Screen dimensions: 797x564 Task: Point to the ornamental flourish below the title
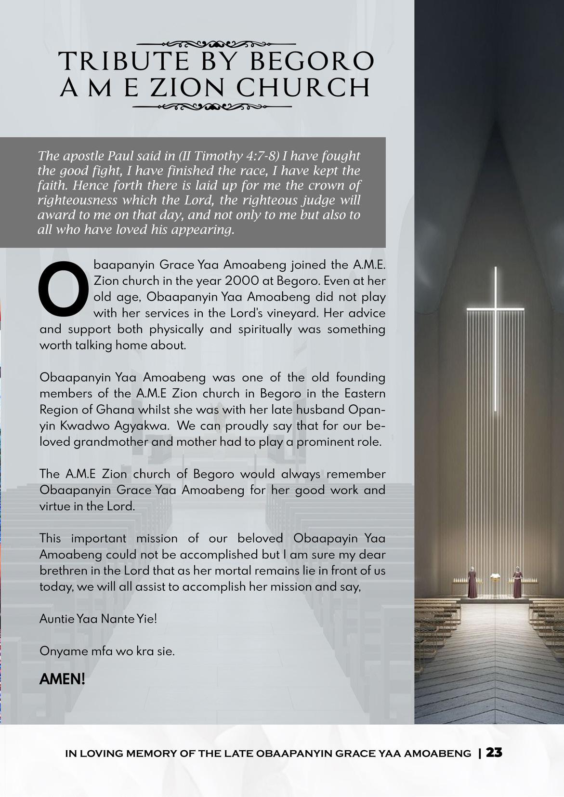click(x=212, y=106)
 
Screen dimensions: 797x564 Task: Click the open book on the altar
click(x=495, y=576)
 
